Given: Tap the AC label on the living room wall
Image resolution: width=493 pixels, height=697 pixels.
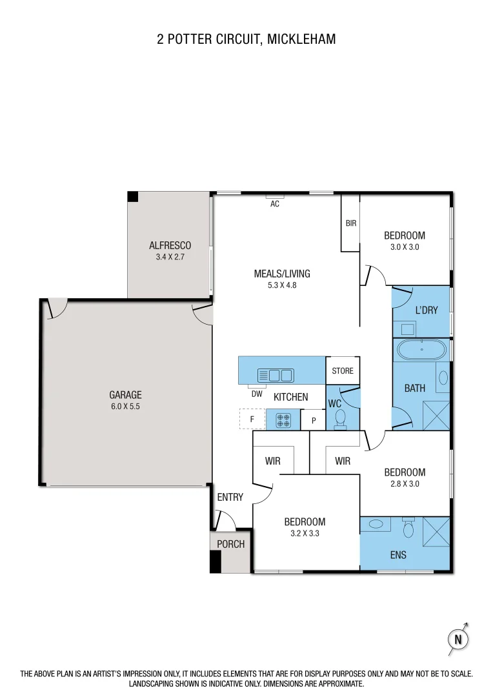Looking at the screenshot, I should pos(274,204).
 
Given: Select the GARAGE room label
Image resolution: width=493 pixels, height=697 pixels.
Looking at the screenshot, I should pos(125,395).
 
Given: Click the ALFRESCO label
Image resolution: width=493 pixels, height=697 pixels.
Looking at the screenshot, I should pos(170,245).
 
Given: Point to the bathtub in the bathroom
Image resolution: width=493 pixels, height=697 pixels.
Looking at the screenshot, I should pos(421,350).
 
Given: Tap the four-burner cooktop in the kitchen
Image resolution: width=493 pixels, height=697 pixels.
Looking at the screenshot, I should pos(283,420).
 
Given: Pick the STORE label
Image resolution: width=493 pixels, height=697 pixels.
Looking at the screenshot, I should pos(343,371).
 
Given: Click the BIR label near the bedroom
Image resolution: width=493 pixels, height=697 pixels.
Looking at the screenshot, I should pos(351,223).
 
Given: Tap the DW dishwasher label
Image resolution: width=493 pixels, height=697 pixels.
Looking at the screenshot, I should pos(257,394).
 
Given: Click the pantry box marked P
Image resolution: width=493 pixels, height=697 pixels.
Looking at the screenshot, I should pos(314,420).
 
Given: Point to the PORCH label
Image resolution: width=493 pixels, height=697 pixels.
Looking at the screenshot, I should pos(230,544).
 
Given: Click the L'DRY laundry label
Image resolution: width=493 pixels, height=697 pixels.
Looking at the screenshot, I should pos(427,310).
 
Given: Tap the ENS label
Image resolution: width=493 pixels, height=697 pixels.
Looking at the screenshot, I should pos(398,554).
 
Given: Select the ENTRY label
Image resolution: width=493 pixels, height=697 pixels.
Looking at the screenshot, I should pos(230,497).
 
